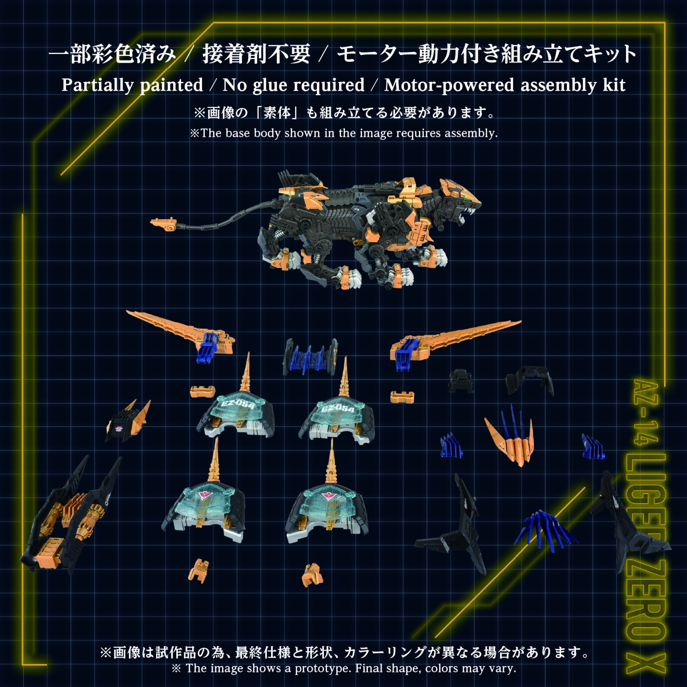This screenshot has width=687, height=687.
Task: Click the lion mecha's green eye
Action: coord(467,198)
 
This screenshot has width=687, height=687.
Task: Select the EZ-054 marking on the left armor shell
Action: coord(238,404)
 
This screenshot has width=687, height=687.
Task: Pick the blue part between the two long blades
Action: coord(310,357)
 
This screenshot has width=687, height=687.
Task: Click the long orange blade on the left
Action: coord(179,330)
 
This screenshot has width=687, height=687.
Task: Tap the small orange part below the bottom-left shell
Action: coord(199,570)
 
